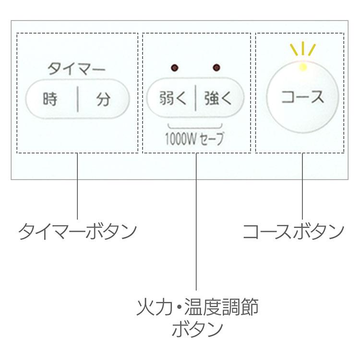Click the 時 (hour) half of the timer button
click(50, 100)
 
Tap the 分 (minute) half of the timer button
click(104, 100)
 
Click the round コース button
click(302, 98)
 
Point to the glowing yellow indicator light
click(302, 67)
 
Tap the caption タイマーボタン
click(77, 232)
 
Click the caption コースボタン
click(293, 232)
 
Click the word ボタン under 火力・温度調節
click(197, 330)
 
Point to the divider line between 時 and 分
click(77, 100)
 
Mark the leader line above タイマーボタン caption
click(77, 187)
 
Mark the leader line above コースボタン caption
click(302, 187)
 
